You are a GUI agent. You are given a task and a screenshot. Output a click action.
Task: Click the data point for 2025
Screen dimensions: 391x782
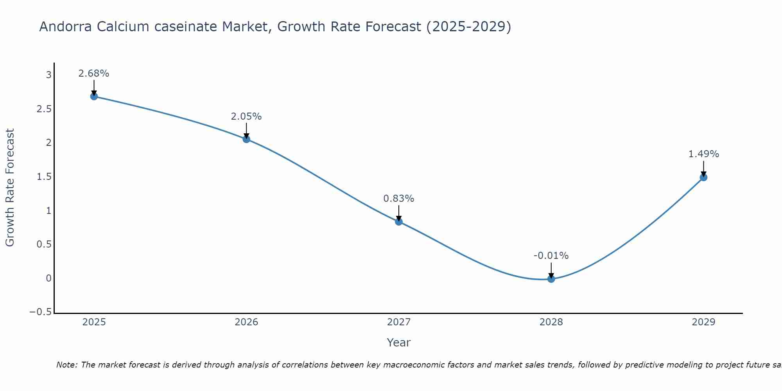[94, 96]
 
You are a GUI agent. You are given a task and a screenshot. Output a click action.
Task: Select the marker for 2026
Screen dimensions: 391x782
[246, 139]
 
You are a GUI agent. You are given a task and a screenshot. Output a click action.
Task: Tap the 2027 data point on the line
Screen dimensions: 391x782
[399, 222]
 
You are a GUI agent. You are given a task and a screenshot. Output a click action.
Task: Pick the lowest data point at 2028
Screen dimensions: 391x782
[551, 279]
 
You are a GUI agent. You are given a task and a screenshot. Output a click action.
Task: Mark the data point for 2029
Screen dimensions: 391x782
[703, 177]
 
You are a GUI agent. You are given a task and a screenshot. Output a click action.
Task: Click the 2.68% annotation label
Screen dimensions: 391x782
[94, 74]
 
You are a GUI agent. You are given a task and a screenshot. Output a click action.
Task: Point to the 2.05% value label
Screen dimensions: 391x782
[246, 117]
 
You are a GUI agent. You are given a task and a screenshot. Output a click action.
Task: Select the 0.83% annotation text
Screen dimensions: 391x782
[399, 199]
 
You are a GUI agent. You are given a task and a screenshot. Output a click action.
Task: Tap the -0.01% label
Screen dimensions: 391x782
[551, 256]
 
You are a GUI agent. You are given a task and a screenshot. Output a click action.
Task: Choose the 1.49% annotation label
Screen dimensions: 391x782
[703, 154]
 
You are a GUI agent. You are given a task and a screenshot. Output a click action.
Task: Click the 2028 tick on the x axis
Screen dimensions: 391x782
[551, 322]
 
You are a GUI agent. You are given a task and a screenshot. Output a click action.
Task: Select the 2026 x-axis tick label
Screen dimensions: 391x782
[246, 322]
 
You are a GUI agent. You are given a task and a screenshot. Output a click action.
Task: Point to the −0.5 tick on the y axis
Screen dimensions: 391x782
[40, 312]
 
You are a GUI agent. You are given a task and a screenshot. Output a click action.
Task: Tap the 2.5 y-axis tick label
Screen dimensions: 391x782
[44, 109]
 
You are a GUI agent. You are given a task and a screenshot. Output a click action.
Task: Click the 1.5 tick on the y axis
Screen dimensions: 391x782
[44, 177]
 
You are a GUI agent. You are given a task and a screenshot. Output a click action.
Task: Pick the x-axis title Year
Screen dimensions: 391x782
[398, 343]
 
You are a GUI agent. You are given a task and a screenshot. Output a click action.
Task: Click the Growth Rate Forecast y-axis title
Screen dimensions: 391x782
[10, 188]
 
